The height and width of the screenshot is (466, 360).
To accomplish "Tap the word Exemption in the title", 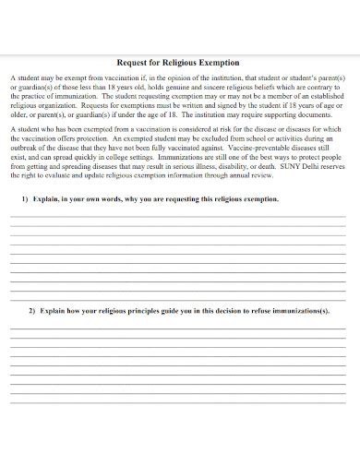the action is coord(220,63).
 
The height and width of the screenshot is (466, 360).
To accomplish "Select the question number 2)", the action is coord(32,311).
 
